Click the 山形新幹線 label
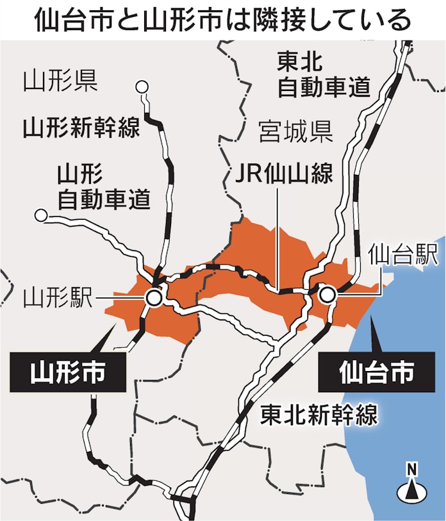(x=81, y=128)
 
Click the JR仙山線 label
(x=284, y=173)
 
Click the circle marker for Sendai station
(x=327, y=295)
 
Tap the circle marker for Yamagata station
(x=154, y=297)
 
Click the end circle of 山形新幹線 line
(x=143, y=87)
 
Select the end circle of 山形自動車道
(x=42, y=216)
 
